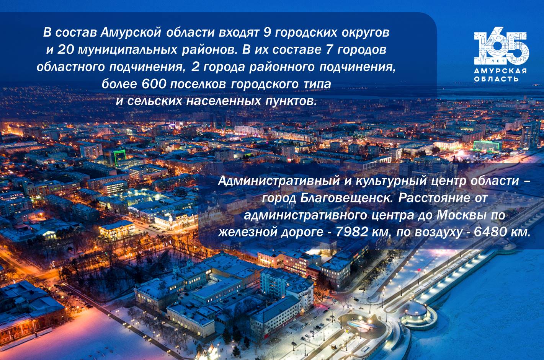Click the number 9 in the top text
[x=267, y=33]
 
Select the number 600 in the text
[x=154, y=84]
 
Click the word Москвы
[x=464, y=215]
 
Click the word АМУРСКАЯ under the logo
[x=500, y=71]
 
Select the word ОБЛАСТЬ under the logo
[x=497, y=79]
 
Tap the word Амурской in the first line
[x=131, y=33]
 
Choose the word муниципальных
[x=127, y=50]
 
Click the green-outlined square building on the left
[x=120, y=158]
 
